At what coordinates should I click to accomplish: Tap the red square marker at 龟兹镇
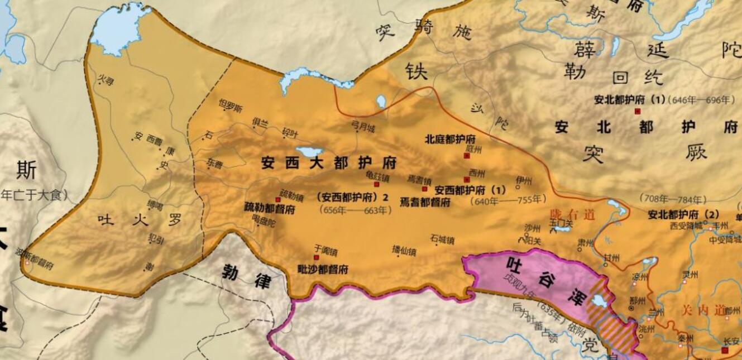376,184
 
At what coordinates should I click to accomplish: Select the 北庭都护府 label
450,139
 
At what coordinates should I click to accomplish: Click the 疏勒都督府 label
270,209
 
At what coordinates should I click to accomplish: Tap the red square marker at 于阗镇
317,257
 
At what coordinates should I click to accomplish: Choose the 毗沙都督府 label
323,269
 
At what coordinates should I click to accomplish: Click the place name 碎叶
290,132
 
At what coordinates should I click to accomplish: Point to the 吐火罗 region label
140,219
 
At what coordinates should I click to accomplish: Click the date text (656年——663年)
354,210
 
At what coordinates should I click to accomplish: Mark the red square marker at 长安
724,351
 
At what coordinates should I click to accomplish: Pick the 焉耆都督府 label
425,202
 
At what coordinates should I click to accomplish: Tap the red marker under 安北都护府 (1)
637,112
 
